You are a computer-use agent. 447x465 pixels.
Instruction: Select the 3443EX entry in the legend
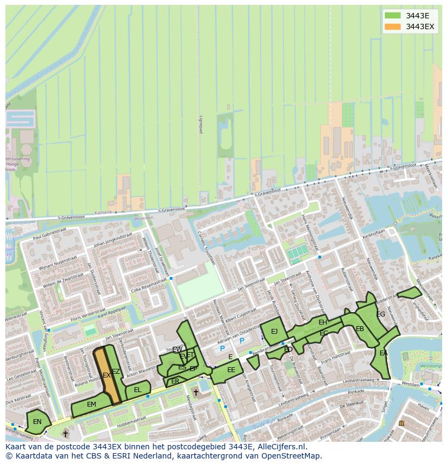point(419,26)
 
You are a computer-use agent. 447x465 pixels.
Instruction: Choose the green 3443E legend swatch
point(393,15)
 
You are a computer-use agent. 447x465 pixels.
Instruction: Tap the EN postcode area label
point(37,422)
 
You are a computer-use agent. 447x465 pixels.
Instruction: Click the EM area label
point(91,405)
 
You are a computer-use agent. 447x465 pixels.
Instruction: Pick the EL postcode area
point(138,390)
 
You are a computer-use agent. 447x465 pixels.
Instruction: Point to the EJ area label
point(274,332)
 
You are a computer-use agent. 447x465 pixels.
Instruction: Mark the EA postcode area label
point(383,353)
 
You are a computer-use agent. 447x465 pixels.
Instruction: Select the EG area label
point(381,314)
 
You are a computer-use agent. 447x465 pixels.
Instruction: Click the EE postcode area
point(231,370)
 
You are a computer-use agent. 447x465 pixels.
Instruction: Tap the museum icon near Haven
point(401,423)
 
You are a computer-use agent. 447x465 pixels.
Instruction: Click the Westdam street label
point(411,384)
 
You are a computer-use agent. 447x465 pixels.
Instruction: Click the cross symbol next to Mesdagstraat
point(195,393)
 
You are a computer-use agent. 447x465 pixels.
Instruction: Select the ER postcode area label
point(175,381)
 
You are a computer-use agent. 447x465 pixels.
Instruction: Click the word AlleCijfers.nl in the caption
point(281,447)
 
